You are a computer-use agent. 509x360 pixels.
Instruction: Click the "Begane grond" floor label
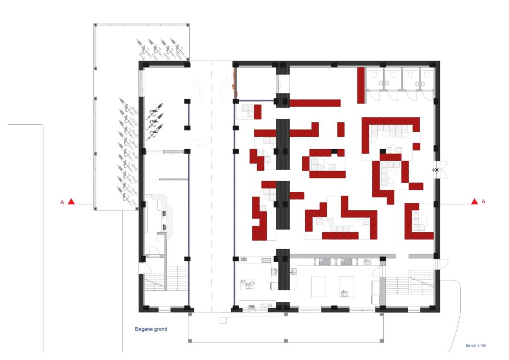click(151, 329)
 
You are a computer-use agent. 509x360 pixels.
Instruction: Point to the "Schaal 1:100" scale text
click(476, 346)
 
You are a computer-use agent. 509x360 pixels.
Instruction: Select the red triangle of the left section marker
click(72, 202)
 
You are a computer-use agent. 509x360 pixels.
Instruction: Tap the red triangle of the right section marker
click(475, 201)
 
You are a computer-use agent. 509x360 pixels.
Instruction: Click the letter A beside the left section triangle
click(62, 202)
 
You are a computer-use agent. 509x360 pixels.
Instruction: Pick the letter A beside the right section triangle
click(483, 201)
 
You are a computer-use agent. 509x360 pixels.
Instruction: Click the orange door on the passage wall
click(234, 83)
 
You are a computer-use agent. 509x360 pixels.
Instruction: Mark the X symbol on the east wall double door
click(436, 170)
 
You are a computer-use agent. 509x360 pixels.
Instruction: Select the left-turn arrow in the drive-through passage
click(197, 87)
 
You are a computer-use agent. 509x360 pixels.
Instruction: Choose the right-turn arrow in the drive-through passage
click(224, 87)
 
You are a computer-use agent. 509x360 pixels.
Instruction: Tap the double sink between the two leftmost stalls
click(384, 84)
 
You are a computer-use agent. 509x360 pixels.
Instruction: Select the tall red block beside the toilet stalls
click(361, 86)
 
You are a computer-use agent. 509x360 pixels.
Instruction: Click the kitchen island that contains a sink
click(346, 286)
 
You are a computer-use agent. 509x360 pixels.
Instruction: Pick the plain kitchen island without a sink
click(319, 286)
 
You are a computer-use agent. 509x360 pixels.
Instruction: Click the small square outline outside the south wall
click(223, 320)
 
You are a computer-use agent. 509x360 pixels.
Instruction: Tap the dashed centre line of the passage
click(212, 186)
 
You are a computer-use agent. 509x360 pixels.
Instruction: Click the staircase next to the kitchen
click(410, 282)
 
